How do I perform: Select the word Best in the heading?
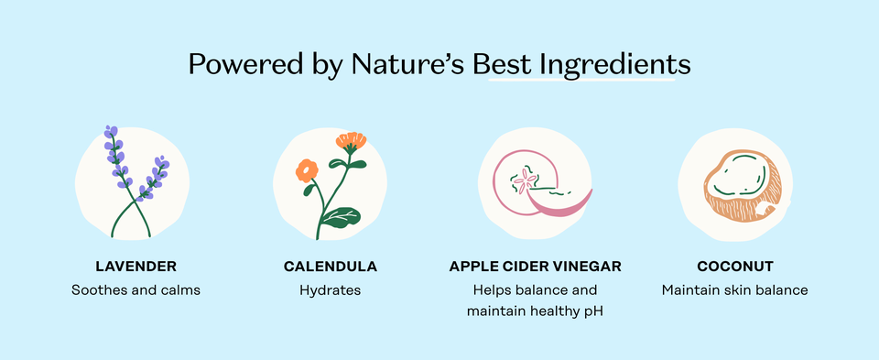pyautogui.click(x=502, y=65)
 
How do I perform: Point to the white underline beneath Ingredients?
pyautogui.click(x=582, y=82)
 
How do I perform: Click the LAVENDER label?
pyautogui.click(x=136, y=267)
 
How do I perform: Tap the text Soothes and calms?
pyautogui.click(x=136, y=290)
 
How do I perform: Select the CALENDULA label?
pyautogui.click(x=331, y=267)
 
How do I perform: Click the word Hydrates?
pyautogui.click(x=331, y=290)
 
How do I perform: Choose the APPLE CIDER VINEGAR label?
pyautogui.click(x=535, y=267)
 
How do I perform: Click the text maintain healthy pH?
pyautogui.click(x=535, y=312)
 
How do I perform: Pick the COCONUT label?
pyautogui.click(x=735, y=267)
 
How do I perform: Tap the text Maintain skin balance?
pyautogui.click(x=735, y=290)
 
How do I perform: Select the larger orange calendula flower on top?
pyautogui.click(x=350, y=141)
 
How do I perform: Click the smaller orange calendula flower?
pyautogui.click(x=307, y=169)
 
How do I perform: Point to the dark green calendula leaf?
pyautogui.click(x=342, y=217)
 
